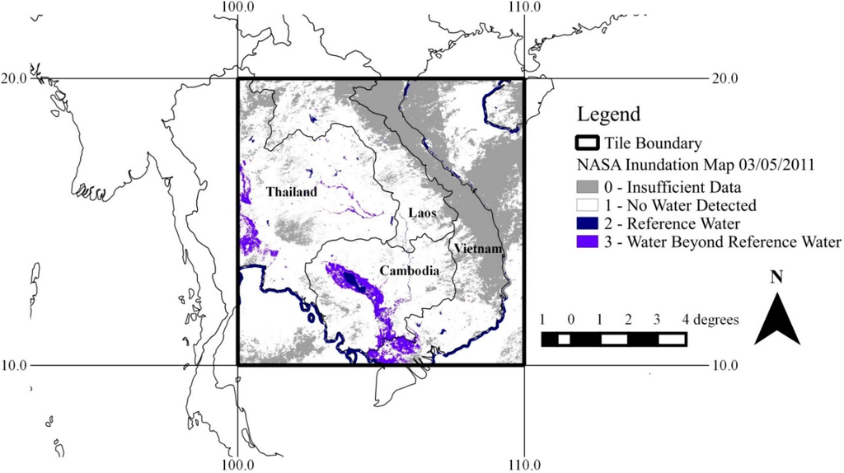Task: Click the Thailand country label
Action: tap(291, 192)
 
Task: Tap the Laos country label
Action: tap(422, 213)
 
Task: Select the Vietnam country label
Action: tap(476, 249)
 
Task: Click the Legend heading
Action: tap(608, 114)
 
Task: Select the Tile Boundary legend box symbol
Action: tap(589, 144)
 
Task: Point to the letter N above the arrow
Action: tap(776, 278)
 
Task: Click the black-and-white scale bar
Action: tap(614, 339)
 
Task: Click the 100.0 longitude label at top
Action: tap(238, 7)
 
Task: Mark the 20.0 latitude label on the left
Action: tap(14, 79)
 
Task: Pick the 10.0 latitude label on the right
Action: tap(725, 365)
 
